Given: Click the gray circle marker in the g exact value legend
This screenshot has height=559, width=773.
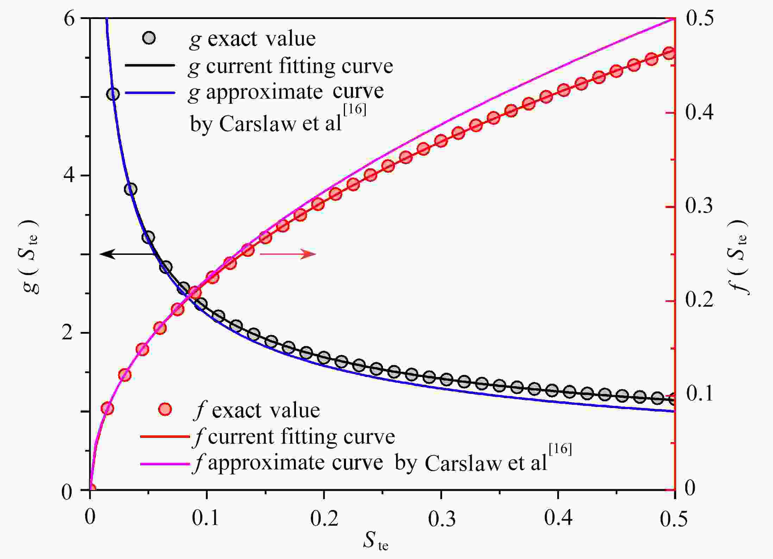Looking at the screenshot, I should pyautogui.click(x=149, y=38).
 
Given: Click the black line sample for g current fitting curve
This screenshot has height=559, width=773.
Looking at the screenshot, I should pyautogui.click(x=150, y=66).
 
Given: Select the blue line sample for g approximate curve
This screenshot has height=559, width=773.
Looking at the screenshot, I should pyautogui.click(x=150, y=93).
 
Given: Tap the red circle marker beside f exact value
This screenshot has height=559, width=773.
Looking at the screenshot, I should pyautogui.click(x=165, y=409).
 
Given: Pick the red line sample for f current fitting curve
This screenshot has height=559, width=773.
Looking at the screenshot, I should pyautogui.click(x=165, y=437).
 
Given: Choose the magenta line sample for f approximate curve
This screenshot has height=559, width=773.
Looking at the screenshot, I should pyautogui.click(x=165, y=464).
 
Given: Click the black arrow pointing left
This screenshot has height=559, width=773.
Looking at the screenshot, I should pyautogui.click(x=127, y=254).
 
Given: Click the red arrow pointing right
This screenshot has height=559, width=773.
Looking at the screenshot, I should pyautogui.click(x=288, y=254).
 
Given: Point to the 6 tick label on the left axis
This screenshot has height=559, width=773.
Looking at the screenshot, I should pyautogui.click(x=69, y=18).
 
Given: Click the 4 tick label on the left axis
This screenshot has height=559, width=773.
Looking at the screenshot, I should pyautogui.click(x=69, y=175).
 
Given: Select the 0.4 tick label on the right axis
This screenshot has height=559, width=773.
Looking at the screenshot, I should pyautogui.click(x=699, y=113).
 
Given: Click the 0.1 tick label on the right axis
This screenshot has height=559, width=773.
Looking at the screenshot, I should pyautogui.click(x=699, y=394).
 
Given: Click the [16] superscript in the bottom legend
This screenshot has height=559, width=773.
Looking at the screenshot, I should pyautogui.click(x=560, y=450).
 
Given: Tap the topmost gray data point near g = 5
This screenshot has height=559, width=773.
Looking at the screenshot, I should pyautogui.click(x=113, y=94).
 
